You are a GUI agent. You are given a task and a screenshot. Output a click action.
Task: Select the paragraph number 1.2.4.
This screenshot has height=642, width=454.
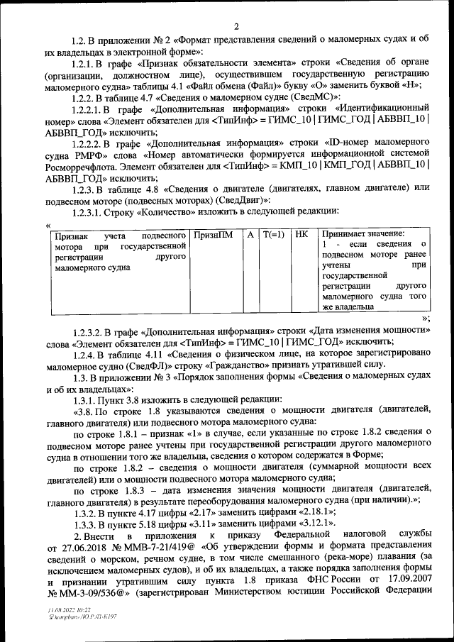tap(83, 354)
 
